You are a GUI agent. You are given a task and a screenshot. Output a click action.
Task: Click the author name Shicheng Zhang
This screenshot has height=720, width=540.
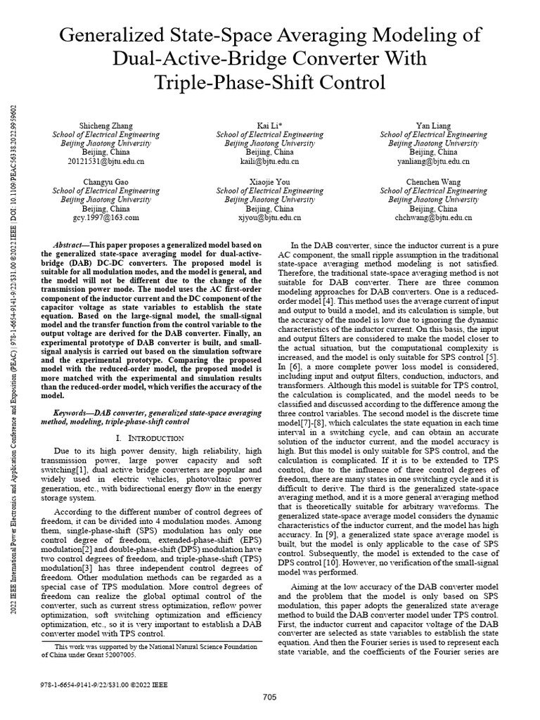[x=105, y=124]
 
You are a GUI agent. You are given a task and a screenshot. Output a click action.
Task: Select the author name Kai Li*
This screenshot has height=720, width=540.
[x=269, y=124]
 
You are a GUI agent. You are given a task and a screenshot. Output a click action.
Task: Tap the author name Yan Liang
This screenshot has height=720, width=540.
[x=432, y=124]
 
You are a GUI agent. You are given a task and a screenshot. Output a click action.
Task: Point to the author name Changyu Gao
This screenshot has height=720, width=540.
[x=105, y=181]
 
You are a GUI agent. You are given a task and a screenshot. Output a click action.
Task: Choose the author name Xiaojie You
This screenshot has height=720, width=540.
[x=269, y=181]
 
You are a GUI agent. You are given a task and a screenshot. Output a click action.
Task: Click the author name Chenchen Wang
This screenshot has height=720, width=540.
[x=432, y=181]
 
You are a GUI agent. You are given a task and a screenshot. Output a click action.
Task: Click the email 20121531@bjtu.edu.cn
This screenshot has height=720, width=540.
[x=105, y=161]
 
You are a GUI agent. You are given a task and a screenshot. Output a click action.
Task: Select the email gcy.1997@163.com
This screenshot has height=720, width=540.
[x=105, y=218]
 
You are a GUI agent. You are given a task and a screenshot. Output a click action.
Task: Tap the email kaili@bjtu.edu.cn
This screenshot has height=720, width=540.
[x=269, y=161]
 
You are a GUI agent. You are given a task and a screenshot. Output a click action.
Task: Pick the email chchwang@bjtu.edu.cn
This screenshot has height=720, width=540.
[x=432, y=218]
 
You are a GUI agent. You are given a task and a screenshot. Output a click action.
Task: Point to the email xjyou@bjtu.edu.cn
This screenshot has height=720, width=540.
[x=269, y=218]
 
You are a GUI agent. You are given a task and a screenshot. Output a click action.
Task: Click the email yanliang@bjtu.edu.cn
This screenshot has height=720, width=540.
[x=432, y=161]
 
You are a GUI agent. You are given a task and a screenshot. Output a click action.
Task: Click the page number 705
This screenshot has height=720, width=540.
[x=269, y=697]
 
